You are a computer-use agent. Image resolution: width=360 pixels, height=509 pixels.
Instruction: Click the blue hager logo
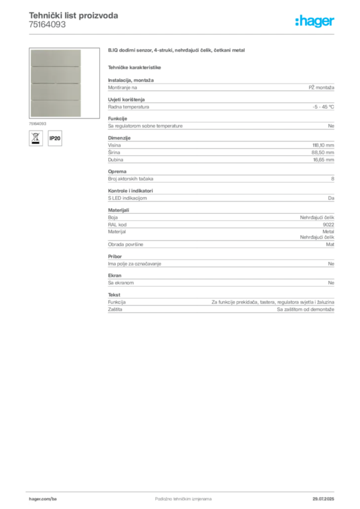coord(315,22)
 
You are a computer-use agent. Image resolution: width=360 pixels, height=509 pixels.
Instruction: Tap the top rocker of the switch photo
coord(55,58)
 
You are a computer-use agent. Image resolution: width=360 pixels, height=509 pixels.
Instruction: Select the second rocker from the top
coord(55,75)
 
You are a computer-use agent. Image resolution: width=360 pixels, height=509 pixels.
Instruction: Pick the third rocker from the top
coord(55,91)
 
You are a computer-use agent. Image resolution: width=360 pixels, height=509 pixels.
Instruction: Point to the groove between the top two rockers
coord(55,66)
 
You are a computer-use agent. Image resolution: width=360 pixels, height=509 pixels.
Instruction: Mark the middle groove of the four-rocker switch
coord(55,83)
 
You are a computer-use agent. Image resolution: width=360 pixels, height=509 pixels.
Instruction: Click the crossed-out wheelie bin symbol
coord(35,137)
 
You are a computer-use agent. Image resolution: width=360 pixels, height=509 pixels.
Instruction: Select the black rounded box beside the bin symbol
coord(56,138)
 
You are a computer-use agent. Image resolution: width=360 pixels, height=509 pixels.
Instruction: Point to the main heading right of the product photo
coord(177,51)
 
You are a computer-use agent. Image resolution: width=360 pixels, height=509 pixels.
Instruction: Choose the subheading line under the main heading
coord(135,67)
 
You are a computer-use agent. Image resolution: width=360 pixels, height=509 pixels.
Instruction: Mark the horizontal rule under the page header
coord(182,34)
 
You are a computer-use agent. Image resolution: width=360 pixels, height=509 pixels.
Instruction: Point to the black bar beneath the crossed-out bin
coord(35,145)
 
